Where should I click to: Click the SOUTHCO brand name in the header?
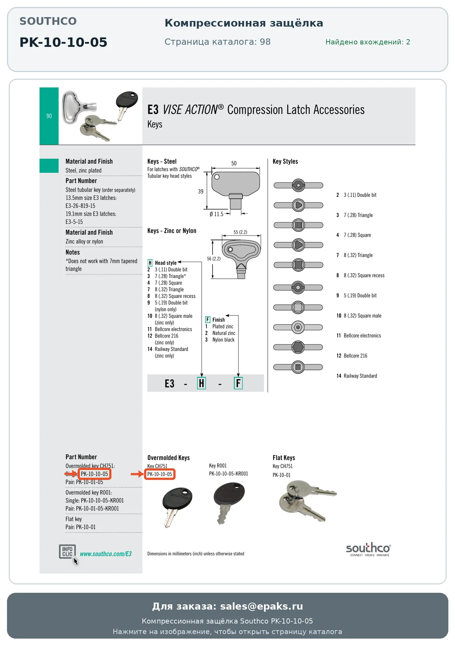pos(48,21)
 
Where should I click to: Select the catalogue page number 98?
pos(265,42)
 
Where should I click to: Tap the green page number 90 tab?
pos(49,116)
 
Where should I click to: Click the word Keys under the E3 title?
pos(155,125)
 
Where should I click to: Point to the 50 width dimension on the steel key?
pos(234,163)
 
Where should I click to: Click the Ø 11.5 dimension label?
pos(216,214)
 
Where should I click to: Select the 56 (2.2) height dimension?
pos(213,259)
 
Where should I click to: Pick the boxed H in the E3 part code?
pos(202,383)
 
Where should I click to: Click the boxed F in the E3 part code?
pos(238,383)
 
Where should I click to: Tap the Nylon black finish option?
pos(223,340)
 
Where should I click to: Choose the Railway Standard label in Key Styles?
pos(360,376)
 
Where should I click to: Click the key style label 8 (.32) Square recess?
pos(364,276)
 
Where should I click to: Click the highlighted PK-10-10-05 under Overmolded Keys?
pos(160,474)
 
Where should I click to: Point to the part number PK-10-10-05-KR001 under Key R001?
pos(229,474)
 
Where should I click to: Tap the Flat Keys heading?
pos(284,458)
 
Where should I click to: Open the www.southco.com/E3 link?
pos(106,554)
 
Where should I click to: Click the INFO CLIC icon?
pos(67,552)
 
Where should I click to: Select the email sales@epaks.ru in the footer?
pos(261,606)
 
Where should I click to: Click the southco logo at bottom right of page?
pos(369,549)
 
